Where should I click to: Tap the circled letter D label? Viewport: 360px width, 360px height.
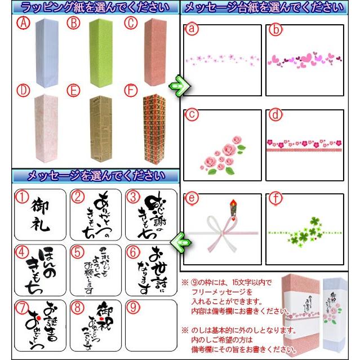pos(23,90)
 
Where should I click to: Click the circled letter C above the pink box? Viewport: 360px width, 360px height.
pos(130,23)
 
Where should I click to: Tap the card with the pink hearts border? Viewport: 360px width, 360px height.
pos(305,60)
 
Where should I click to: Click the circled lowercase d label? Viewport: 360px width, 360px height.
pos(273,115)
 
